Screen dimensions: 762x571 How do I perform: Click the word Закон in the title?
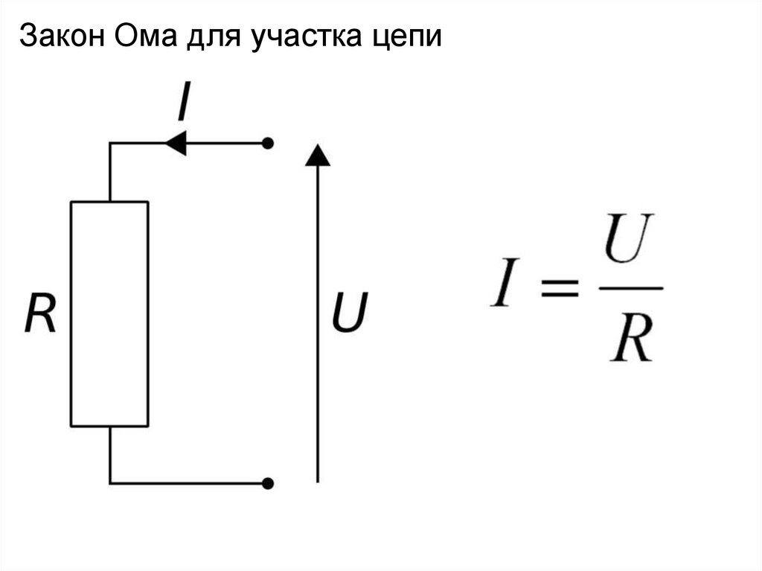click(63, 36)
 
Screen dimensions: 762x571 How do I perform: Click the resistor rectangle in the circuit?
click(109, 313)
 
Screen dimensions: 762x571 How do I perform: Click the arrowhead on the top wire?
click(175, 142)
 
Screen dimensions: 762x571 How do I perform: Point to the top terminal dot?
click(268, 142)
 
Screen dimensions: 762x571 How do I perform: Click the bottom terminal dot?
click(268, 483)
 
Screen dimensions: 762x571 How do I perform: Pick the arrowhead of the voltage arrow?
click(318, 155)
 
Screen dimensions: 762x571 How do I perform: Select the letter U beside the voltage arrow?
click(349, 313)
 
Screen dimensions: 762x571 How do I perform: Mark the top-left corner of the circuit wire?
click(110, 143)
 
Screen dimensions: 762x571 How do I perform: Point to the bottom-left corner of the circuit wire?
click(110, 483)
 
